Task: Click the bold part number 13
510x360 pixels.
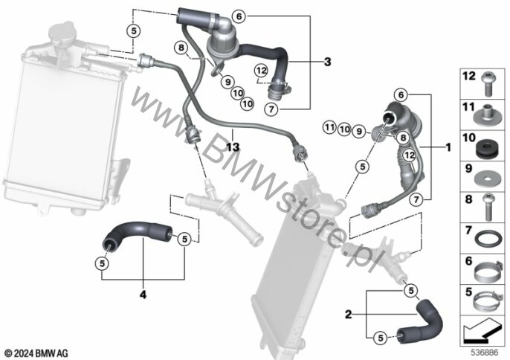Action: [x=233, y=147]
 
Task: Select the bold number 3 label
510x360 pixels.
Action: [x=328, y=62]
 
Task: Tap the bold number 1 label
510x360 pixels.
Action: [x=449, y=147]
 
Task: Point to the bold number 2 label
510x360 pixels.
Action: [x=349, y=315]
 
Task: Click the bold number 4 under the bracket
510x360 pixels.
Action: [x=143, y=295]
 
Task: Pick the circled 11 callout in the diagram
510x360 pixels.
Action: [x=329, y=127]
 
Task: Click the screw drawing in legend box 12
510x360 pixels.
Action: [x=487, y=83]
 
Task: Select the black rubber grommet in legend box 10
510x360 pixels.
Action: [x=484, y=148]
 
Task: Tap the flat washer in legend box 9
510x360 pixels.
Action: [x=485, y=179]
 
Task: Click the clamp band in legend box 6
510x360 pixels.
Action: [x=486, y=271]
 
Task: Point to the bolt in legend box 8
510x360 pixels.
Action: [x=487, y=207]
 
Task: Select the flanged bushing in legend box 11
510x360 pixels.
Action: [x=486, y=115]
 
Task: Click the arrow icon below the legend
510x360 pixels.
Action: [x=482, y=330]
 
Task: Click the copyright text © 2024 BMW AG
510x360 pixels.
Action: [x=36, y=353]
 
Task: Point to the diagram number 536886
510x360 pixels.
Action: [x=485, y=352]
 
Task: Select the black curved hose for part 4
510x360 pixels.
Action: [x=137, y=232]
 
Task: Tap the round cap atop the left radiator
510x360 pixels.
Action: [x=62, y=33]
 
